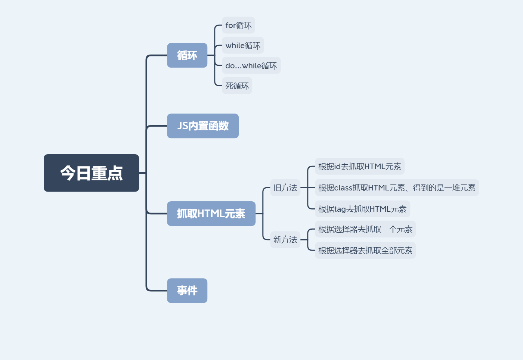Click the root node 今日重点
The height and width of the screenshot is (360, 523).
pos(91,173)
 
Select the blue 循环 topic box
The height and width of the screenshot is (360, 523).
pos(187,55)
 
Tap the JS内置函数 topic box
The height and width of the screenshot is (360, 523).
pos(202,126)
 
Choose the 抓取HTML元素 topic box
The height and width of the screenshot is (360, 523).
pos(211,214)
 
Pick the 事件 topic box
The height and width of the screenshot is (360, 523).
pos(187,291)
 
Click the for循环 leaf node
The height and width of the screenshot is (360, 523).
pos(238,25)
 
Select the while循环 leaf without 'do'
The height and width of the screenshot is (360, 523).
pos(243,46)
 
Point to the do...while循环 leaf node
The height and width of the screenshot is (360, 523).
pos(251,66)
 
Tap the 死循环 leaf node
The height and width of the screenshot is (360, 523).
pos(237,86)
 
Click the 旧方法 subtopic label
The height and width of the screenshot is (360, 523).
pos(285,188)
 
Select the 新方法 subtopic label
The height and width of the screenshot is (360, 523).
pos(285,240)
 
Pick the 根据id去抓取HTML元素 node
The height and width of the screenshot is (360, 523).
pos(359,167)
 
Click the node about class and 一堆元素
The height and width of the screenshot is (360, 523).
pos(397,188)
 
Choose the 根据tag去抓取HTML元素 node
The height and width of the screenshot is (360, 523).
pos(362,209)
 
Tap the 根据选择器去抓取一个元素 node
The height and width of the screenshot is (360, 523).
pos(365,229)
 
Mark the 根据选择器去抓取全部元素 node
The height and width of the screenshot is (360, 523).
pos(365,251)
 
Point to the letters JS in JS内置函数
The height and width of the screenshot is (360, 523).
pos(183,126)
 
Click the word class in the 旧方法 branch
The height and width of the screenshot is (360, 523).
pos(343,188)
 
